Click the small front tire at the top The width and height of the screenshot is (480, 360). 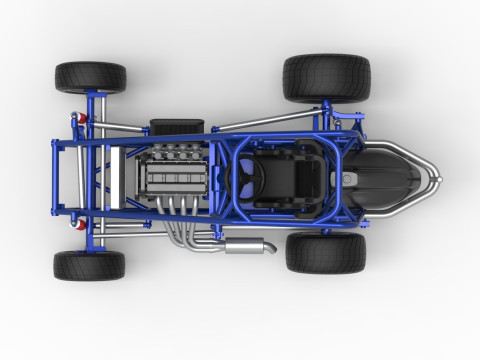pyautogui.click(x=90, y=77)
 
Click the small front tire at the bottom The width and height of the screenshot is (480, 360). pyautogui.click(x=89, y=265)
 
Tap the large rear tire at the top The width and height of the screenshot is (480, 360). pyautogui.click(x=326, y=78)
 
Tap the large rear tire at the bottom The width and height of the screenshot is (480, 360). pyautogui.click(x=326, y=253)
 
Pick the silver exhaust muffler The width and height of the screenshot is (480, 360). pyautogui.click(x=247, y=245)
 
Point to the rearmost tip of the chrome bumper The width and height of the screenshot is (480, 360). pyautogui.click(x=438, y=180)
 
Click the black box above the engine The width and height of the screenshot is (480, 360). pyautogui.click(x=176, y=127)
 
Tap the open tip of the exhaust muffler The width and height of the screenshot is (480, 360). pyautogui.click(x=271, y=244)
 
